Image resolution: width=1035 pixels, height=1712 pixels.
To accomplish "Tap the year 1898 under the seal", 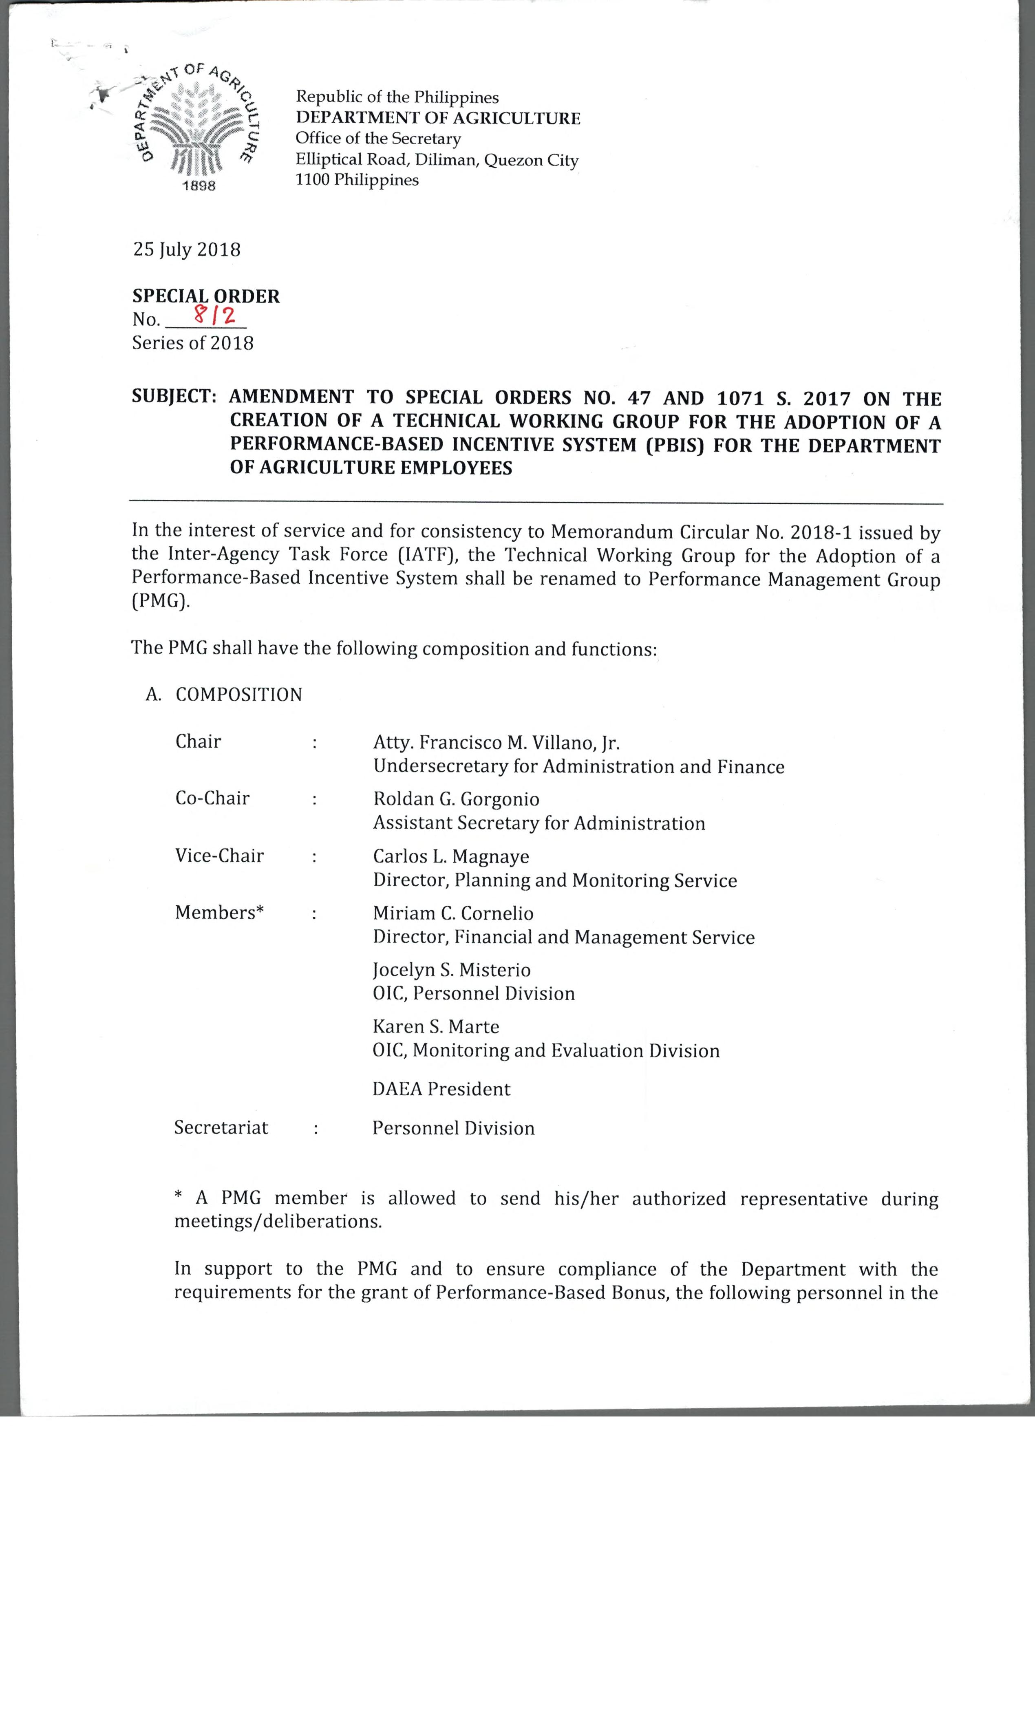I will tap(199, 185).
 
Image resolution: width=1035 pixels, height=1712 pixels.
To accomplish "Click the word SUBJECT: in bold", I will tap(174, 397).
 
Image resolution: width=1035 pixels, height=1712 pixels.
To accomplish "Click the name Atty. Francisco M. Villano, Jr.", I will tap(496, 743).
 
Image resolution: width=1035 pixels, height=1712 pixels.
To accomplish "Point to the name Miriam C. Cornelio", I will tap(453, 913).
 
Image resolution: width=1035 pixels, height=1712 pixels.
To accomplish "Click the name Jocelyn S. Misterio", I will tap(452, 970).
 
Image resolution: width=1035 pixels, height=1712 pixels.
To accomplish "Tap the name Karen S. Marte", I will tap(435, 1026).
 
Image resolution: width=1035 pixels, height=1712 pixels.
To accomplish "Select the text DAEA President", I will tap(441, 1089).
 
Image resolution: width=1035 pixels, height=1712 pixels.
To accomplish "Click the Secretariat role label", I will tap(221, 1127).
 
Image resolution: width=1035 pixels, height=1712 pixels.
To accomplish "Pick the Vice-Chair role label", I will tap(219, 855).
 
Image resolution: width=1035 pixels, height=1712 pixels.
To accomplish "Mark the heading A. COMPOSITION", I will tap(224, 695).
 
